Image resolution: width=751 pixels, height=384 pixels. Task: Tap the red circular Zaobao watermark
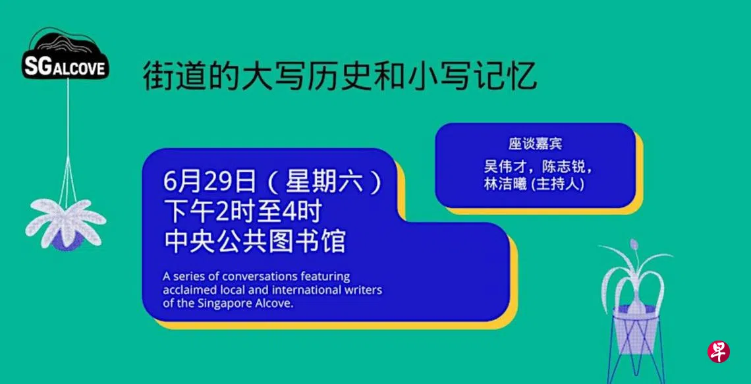click(719, 352)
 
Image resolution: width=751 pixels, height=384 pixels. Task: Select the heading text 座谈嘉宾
click(535, 144)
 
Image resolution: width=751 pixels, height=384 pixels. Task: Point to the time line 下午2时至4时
click(242, 213)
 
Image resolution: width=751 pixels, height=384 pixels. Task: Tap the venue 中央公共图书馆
click(254, 242)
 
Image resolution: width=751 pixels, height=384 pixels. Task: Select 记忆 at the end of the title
click(507, 77)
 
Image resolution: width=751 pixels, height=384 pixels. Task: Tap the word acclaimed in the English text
click(184, 290)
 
